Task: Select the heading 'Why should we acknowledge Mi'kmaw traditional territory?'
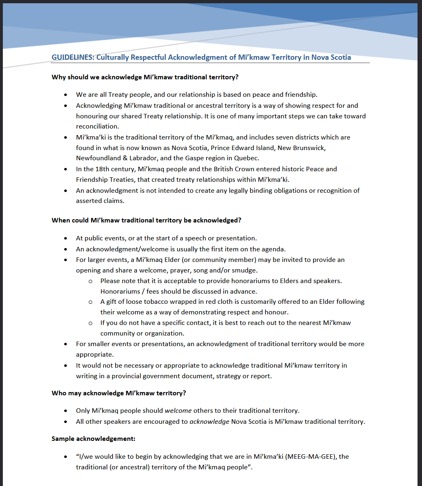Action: coord(145,77)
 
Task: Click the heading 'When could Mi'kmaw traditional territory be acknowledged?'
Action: coord(146,220)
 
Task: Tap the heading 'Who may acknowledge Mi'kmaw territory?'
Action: coord(119,393)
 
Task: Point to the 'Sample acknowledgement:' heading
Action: coord(94,438)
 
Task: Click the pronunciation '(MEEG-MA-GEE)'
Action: coord(311,456)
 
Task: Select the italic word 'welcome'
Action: coord(178,410)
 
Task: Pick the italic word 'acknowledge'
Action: coord(209,421)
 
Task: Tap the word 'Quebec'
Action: coord(247,158)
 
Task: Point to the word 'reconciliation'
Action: coord(97,126)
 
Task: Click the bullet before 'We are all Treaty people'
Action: coord(66,95)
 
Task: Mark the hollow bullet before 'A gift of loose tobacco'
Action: coord(90,302)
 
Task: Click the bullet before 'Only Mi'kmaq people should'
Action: coord(66,411)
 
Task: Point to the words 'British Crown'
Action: coord(241,169)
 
